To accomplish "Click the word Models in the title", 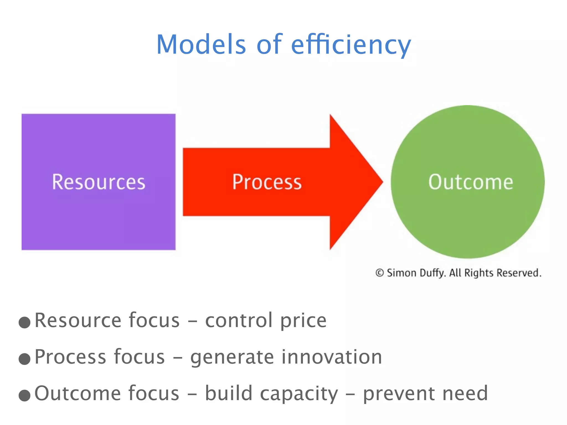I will [201, 44].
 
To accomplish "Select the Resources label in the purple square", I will [99, 182].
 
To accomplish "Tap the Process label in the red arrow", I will [267, 182].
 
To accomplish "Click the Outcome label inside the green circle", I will [471, 182].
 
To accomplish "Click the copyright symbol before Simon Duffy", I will [379, 273].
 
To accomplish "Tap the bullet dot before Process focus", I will [24, 359].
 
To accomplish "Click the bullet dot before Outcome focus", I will [24, 395].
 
